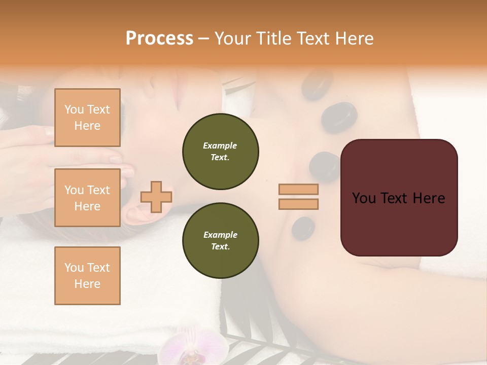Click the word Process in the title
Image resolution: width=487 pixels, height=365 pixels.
pyautogui.click(x=159, y=39)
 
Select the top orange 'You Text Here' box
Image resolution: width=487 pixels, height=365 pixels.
pyautogui.click(x=87, y=118)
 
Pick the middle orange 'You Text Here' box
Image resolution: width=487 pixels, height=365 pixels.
pyautogui.click(x=87, y=198)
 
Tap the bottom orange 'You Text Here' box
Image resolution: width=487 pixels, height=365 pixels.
pyautogui.click(x=87, y=275)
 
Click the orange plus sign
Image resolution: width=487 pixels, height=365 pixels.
pyautogui.click(x=156, y=197)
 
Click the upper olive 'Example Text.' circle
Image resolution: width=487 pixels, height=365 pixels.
pyautogui.click(x=220, y=152)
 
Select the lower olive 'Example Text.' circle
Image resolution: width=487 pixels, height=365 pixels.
pyautogui.click(x=220, y=240)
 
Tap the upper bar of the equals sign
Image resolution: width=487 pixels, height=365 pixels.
pyautogui.click(x=298, y=189)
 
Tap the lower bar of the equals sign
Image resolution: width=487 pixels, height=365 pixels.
pyautogui.click(x=298, y=204)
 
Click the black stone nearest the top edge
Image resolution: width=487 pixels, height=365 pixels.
pyautogui.click(x=317, y=84)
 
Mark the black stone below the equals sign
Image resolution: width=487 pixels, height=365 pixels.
pyautogui.click(x=303, y=228)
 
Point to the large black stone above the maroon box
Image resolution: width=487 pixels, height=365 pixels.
pyautogui.click(x=339, y=118)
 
